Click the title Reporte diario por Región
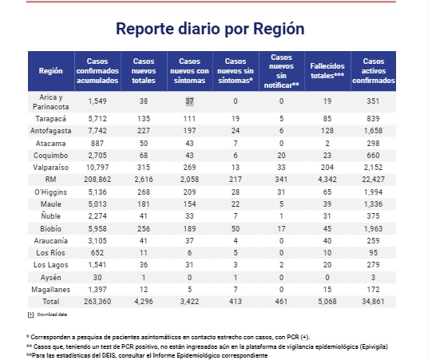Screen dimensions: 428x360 point(210,29)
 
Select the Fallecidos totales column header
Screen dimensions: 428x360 point(327,71)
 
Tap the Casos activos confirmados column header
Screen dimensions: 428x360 point(374,71)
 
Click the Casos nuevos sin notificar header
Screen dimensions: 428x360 point(281,71)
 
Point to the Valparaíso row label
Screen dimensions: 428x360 point(51,168)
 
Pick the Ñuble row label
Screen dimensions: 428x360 point(51,216)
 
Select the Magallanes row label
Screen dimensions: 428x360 point(51,289)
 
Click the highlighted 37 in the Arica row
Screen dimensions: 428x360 point(189,101)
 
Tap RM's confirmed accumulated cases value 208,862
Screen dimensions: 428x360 point(97,180)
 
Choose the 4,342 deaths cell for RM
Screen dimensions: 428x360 point(327,180)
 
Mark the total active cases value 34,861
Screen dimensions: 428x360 point(373,301)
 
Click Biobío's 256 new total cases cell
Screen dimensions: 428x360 point(144,228)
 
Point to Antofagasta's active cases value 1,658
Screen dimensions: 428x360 point(373,130)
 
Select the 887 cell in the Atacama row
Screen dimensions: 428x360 point(97,144)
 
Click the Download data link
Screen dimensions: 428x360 point(52,315)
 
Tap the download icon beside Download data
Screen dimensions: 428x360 point(30,315)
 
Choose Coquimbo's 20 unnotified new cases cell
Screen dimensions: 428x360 point(281,156)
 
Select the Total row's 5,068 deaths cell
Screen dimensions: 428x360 point(327,301)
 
